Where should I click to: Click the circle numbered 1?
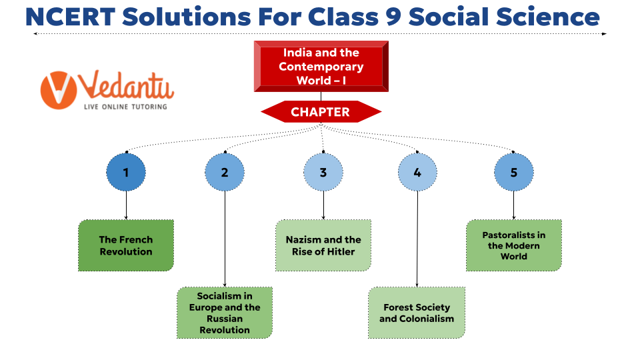(x=126, y=172)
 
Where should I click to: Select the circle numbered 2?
(x=225, y=172)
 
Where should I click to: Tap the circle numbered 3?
(x=323, y=172)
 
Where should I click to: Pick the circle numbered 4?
(x=417, y=172)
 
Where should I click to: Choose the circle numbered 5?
(x=514, y=172)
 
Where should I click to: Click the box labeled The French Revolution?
(x=126, y=245)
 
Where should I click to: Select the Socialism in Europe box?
(x=225, y=313)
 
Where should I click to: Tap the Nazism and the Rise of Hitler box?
(x=323, y=245)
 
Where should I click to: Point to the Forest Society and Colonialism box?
(x=417, y=313)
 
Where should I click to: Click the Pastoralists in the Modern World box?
(x=514, y=245)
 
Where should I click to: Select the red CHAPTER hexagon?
(x=321, y=112)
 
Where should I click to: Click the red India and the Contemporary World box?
(x=321, y=67)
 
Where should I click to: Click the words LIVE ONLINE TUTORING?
(x=125, y=106)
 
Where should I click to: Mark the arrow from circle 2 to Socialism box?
(x=225, y=240)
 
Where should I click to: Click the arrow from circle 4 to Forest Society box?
(x=417, y=240)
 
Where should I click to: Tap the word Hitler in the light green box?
(x=339, y=252)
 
